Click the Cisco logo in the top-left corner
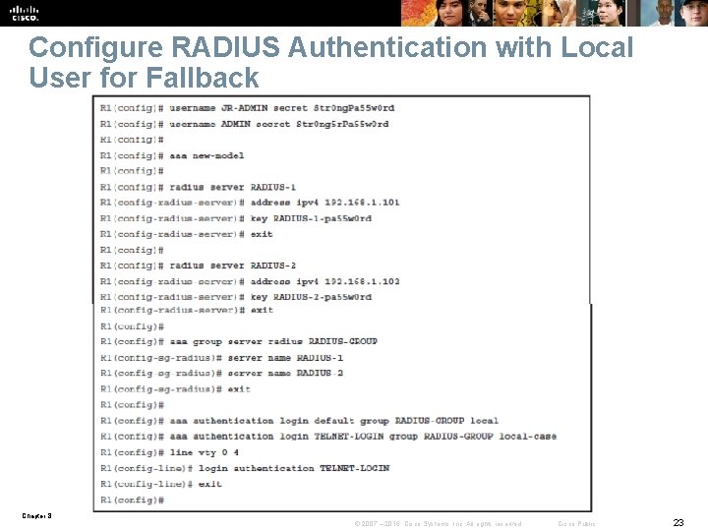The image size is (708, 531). [x=25, y=13]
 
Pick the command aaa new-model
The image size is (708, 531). [x=206, y=155]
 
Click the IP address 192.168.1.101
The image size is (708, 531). [x=362, y=203]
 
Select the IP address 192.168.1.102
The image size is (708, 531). [x=362, y=281]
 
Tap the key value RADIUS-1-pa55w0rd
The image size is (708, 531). [x=322, y=218]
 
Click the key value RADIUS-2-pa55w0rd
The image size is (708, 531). [x=322, y=297]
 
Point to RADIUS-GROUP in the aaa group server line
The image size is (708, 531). [x=342, y=341]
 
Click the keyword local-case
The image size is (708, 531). [x=527, y=437]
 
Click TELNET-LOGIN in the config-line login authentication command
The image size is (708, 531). [x=354, y=468]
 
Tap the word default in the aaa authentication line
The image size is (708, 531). [x=335, y=421]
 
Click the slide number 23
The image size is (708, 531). [x=678, y=522]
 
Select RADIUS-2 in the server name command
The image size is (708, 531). [x=320, y=374]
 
